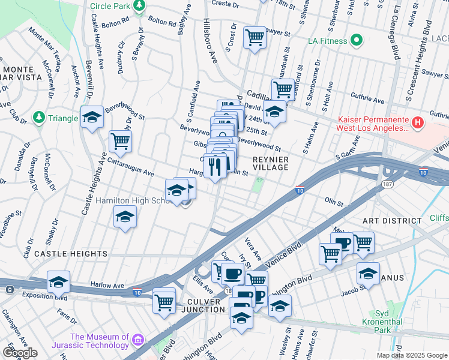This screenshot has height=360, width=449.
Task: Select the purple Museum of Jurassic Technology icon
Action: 139,341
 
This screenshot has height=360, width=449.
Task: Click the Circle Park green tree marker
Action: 139,6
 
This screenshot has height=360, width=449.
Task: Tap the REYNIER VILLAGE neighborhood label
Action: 271,163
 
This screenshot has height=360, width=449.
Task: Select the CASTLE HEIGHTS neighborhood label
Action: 71,254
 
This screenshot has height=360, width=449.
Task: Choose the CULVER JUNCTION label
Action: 197,310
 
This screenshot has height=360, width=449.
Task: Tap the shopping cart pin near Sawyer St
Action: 255,37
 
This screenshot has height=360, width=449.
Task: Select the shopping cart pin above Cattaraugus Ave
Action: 120,142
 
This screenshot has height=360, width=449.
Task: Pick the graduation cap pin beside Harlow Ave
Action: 59,281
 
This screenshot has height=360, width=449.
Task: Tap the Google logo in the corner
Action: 20,353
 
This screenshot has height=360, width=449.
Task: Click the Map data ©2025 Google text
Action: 411,355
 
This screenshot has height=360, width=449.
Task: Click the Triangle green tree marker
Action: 39,115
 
